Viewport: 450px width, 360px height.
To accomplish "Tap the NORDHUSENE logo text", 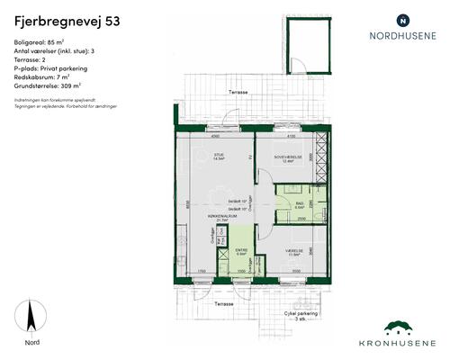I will [x=402, y=37].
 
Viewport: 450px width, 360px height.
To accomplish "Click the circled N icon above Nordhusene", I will [x=402, y=19].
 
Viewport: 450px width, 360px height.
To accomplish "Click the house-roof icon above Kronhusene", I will [x=401, y=328].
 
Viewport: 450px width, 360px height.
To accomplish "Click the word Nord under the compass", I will [x=32, y=342].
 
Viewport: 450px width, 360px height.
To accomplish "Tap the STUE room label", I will [x=218, y=155].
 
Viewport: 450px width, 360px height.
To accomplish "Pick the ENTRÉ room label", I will [x=241, y=251].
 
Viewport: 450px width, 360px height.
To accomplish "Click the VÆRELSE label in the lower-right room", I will [x=291, y=251].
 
